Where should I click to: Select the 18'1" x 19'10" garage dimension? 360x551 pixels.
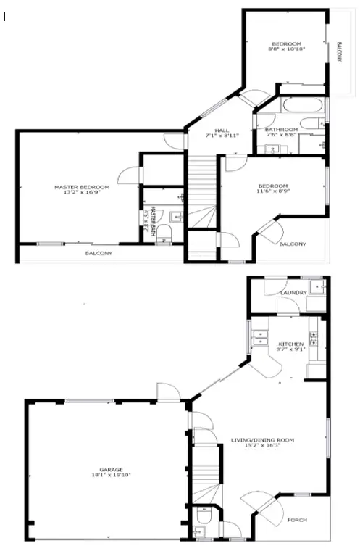click(106, 476)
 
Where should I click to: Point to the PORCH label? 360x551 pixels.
click(297, 520)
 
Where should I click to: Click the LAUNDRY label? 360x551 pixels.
click(293, 293)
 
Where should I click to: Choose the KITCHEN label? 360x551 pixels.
click(290, 344)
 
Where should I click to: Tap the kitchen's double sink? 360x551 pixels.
click(259, 336)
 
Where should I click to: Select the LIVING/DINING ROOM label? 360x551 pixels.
click(262, 439)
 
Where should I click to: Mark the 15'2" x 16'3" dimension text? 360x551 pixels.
click(262, 446)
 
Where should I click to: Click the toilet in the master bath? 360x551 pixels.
click(164, 231)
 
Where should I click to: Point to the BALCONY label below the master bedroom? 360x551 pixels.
click(99, 253)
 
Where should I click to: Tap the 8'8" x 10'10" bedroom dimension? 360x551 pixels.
click(287, 49)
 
